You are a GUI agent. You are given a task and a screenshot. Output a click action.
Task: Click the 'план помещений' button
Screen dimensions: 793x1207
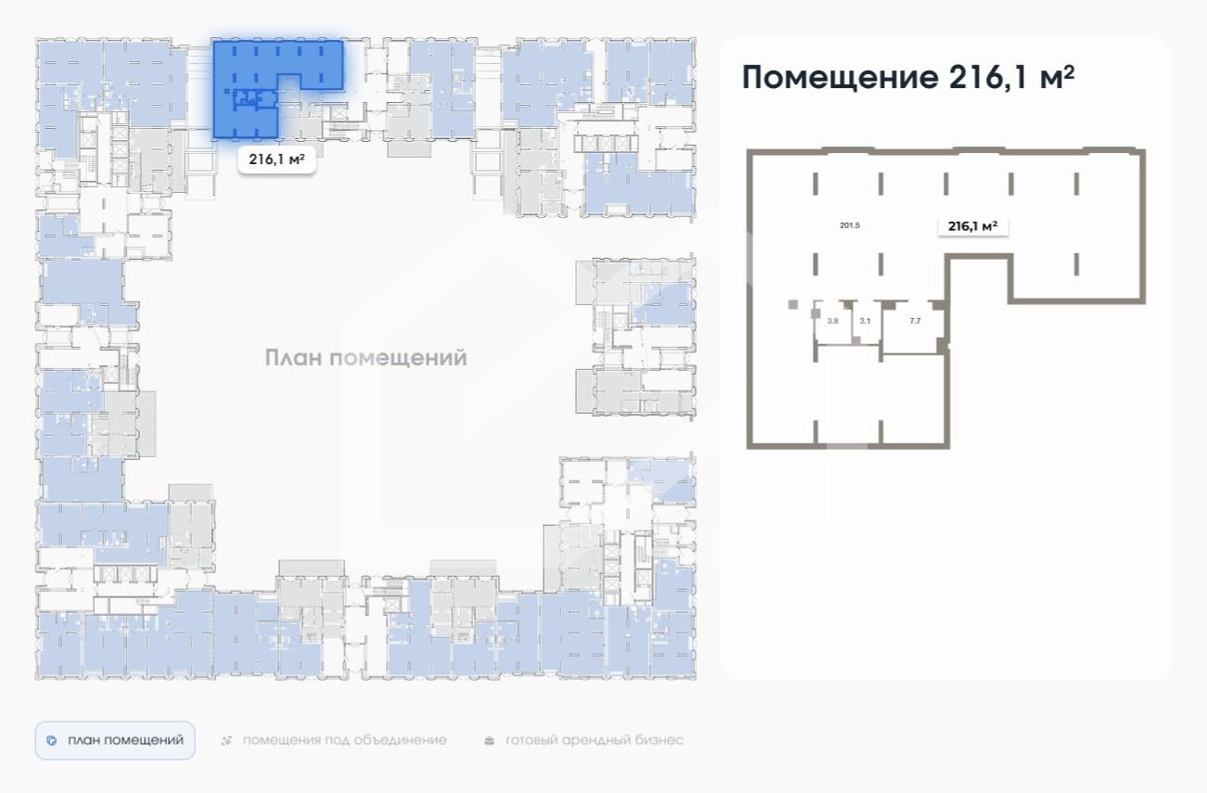click(115, 740)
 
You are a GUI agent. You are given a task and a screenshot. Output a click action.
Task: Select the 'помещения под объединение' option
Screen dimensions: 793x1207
click(344, 740)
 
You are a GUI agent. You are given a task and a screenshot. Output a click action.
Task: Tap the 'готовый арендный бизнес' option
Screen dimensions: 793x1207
click(594, 740)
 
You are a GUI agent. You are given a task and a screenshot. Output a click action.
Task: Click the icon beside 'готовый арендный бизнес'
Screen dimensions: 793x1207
click(490, 741)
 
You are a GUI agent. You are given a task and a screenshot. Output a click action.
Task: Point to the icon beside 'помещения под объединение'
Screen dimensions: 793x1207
click(226, 741)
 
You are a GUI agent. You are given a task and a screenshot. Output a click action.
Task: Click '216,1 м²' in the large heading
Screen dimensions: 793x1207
click(1011, 78)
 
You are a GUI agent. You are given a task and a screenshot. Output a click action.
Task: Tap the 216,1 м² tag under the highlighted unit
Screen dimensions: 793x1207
click(276, 160)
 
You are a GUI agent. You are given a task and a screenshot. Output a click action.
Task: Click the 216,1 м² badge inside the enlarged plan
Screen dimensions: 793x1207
click(972, 225)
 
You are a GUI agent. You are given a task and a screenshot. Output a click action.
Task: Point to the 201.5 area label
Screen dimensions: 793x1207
click(850, 225)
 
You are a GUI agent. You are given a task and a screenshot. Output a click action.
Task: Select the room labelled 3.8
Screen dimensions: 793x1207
click(833, 321)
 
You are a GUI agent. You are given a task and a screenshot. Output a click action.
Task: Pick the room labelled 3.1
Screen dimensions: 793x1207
click(865, 321)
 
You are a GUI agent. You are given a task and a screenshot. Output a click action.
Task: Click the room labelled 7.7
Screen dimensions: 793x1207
click(915, 321)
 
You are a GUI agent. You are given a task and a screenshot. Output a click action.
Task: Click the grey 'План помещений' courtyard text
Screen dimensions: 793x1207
click(366, 358)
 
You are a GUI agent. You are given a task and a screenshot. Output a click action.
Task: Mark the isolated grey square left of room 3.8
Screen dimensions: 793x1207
click(792, 304)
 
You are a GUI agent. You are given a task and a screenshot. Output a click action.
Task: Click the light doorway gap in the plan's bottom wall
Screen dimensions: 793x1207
click(847, 446)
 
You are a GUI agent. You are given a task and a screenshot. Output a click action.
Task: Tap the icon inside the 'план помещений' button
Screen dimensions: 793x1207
click(52, 741)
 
